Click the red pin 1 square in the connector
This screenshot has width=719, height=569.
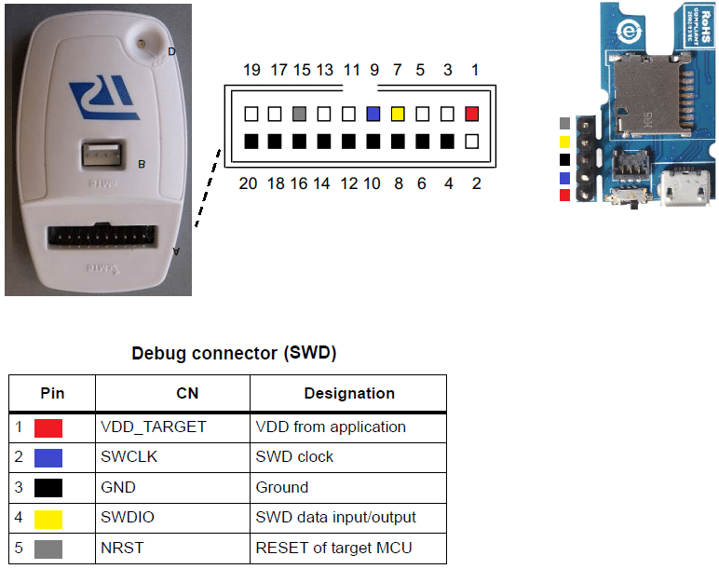pyautogui.click(x=472, y=115)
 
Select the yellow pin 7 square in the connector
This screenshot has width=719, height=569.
pyautogui.click(x=398, y=115)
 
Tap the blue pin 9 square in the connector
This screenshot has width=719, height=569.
pyautogui.click(x=373, y=115)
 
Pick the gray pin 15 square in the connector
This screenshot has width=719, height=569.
pyautogui.click(x=299, y=115)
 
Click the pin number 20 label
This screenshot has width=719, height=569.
pyautogui.click(x=248, y=183)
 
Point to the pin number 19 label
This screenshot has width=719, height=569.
pyautogui.click(x=251, y=70)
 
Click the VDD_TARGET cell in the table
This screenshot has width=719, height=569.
pyautogui.click(x=153, y=427)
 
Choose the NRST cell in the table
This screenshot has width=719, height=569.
pyautogui.click(x=121, y=548)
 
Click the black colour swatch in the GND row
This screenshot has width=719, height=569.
pyautogui.click(x=48, y=488)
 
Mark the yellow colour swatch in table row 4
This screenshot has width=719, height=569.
pyautogui.click(x=48, y=518)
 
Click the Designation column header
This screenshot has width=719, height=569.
pyautogui.click(x=349, y=393)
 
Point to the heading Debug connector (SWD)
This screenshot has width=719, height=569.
pyautogui.click(x=234, y=354)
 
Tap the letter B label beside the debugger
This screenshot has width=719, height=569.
pyautogui.click(x=142, y=165)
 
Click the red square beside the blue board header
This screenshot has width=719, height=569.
pyautogui.click(x=565, y=195)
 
